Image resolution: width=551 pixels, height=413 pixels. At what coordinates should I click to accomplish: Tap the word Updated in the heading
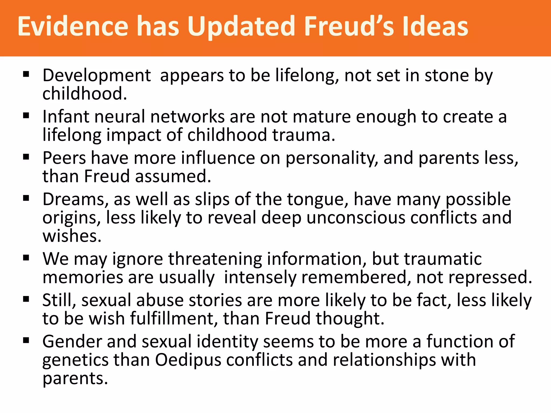coord(241,27)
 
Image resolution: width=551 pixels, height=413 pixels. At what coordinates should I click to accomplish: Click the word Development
coord(97,76)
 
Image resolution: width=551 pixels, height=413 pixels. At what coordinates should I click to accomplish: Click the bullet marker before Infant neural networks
coord(26,116)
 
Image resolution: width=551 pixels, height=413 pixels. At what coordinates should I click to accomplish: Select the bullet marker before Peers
coord(26,157)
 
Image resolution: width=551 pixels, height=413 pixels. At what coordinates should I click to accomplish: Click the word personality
coord(332,159)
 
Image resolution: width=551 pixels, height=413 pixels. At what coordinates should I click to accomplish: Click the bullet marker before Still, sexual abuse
coord(26,299)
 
